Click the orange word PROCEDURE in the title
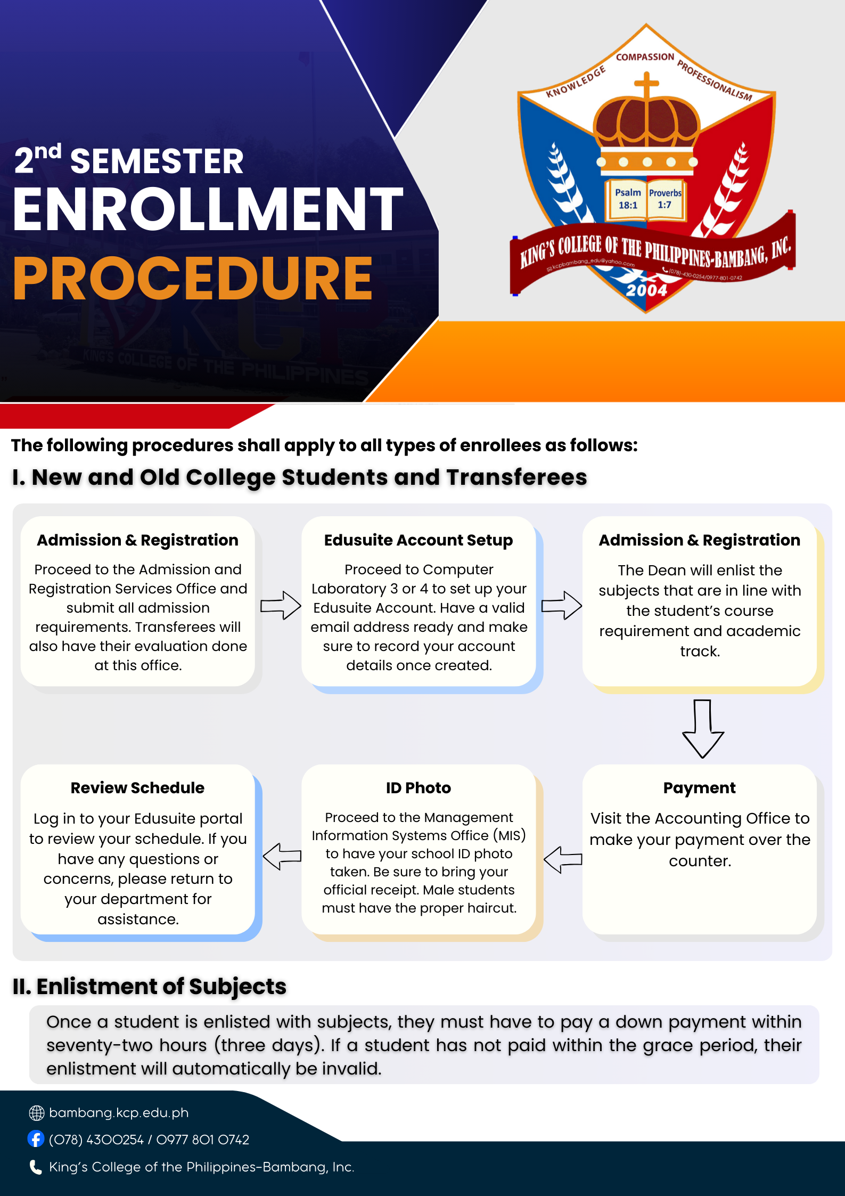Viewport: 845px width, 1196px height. pos(193,279)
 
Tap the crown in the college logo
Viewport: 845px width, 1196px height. pos(646,128)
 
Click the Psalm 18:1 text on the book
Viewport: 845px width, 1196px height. pos(628,199)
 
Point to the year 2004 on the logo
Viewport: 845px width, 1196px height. pos(646,290)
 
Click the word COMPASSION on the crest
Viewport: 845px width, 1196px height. pos(645,57)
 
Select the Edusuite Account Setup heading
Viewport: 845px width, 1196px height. pos(419,540)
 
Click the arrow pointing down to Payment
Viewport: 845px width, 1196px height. pos(703,728)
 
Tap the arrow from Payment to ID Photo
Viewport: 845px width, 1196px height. pos(563,859)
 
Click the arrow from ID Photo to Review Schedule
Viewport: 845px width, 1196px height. pos(282,856)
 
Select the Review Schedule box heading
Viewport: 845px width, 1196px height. pos(137,788)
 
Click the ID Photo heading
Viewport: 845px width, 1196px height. pos(419,788)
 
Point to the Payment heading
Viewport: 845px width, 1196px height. pos(699,788)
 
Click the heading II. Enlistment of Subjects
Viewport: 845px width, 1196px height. pos(150,987)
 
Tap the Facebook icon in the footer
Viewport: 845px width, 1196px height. pos(36,1139)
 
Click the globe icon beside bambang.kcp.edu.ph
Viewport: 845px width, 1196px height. pos(36,1112)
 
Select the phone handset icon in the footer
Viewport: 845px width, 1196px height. pos(36,1167)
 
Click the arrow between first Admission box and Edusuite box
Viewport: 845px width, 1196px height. pos(281,605)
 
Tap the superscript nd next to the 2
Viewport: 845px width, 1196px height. pos(48,151)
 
